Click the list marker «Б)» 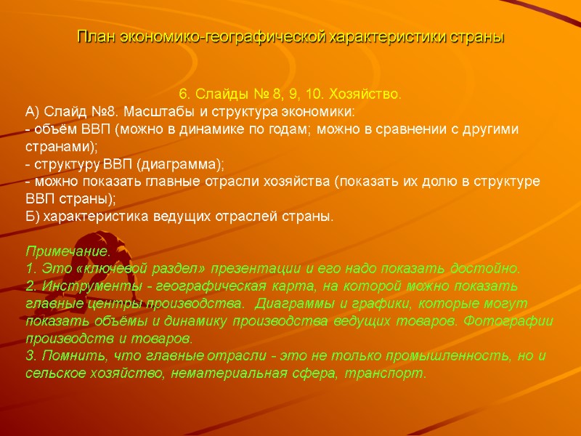(x=33, y=217)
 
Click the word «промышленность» (x=430, y=356)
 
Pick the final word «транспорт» (x=392, y=374)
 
